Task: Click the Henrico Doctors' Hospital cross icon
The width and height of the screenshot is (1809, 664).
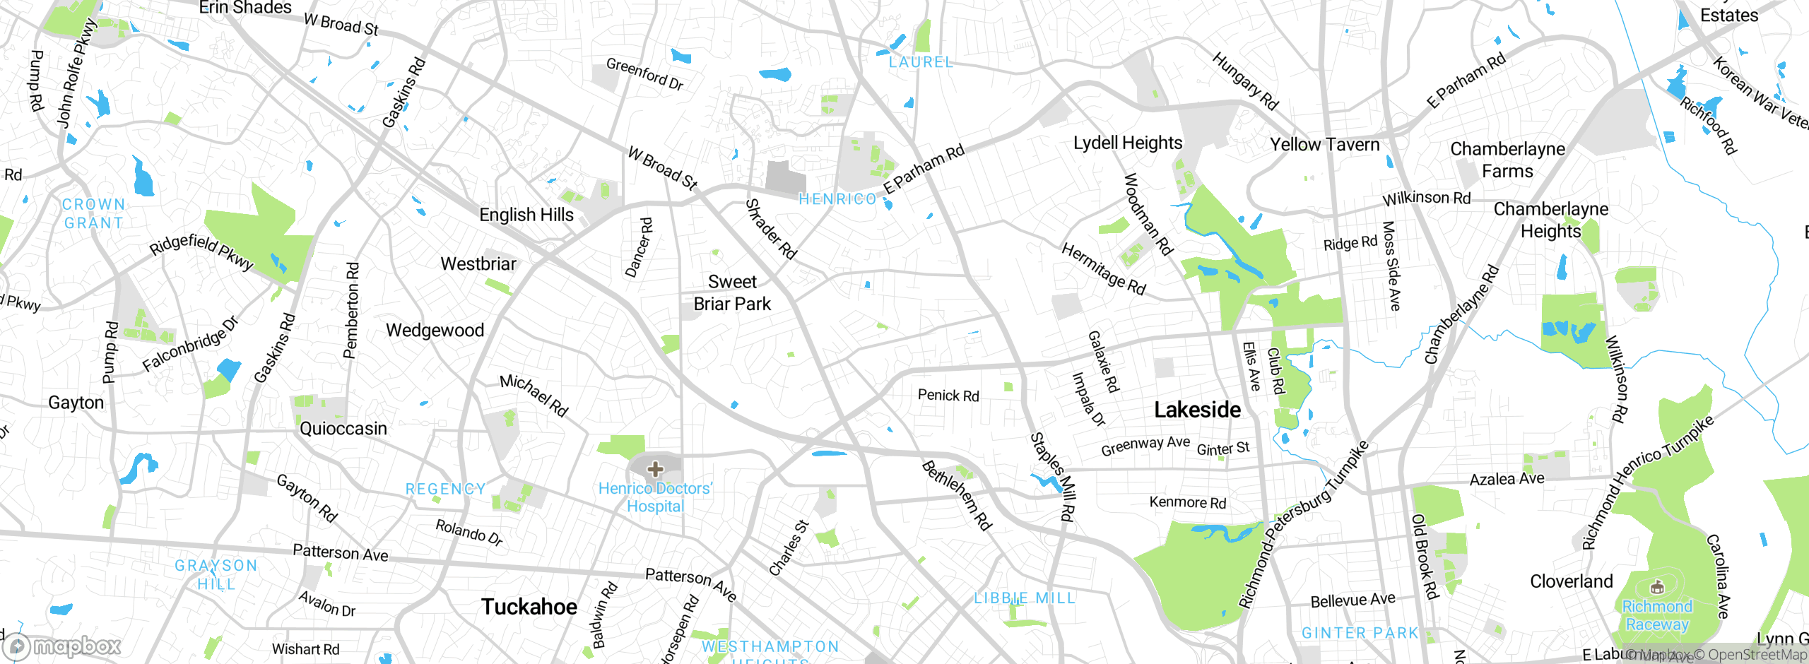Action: [655, 469]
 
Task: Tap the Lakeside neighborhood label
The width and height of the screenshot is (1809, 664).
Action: [1197, 410]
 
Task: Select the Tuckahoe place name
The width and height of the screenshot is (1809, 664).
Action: [529, 607]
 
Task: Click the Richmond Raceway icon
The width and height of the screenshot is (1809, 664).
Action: [1657, 587]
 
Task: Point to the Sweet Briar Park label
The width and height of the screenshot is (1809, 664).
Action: [732, 293]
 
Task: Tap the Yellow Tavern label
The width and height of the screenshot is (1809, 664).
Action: [1324, 145]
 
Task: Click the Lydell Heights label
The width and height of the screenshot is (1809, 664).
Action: [1128, 143]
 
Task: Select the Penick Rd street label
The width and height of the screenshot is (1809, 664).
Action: [948, 396]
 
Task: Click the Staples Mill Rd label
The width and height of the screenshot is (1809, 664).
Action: [1053, 477]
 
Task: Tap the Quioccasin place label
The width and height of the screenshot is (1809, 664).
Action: [343, 429]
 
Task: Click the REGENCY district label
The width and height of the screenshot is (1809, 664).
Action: [446, 489]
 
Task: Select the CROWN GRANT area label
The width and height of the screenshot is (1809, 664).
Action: [93, 213]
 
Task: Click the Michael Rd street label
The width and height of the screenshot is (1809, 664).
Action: [534, 395]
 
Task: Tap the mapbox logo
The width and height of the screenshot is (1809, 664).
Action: [62, 646]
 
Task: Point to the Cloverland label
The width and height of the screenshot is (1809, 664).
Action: [1572, 581]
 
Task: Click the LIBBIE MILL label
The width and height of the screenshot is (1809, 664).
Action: [1025, 598]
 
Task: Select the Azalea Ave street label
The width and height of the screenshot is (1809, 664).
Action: [1507, 479]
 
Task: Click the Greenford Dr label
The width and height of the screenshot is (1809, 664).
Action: [644, 74]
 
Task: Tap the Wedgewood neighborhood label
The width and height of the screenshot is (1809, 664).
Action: [435, 331]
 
